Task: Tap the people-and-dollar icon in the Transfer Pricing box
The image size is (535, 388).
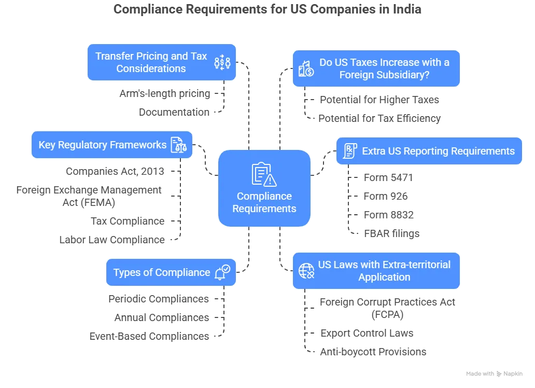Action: point(222,62)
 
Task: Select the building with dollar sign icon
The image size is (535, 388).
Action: point(305,68)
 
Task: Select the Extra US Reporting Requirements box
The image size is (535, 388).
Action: point(429,151)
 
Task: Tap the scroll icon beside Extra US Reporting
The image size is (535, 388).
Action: point(350,151)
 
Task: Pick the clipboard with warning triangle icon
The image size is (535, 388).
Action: point(264,174)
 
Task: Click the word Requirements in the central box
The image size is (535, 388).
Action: point(264,209)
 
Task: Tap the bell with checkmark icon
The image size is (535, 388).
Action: point(223,272)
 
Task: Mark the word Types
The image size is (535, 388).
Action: point(126,272)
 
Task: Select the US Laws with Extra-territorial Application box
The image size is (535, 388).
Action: point(376,270)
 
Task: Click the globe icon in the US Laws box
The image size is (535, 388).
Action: point(306,271)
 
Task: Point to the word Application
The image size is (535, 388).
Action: point(384,277)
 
